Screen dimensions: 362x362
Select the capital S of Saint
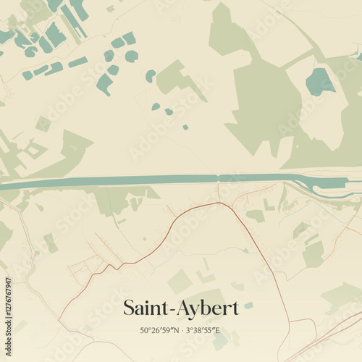tap(129, 308)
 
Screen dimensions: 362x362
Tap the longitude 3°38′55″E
tap(203, 331)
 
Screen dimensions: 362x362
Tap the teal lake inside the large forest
tap(319, 82)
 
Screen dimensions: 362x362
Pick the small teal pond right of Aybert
tap(248, 305)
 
